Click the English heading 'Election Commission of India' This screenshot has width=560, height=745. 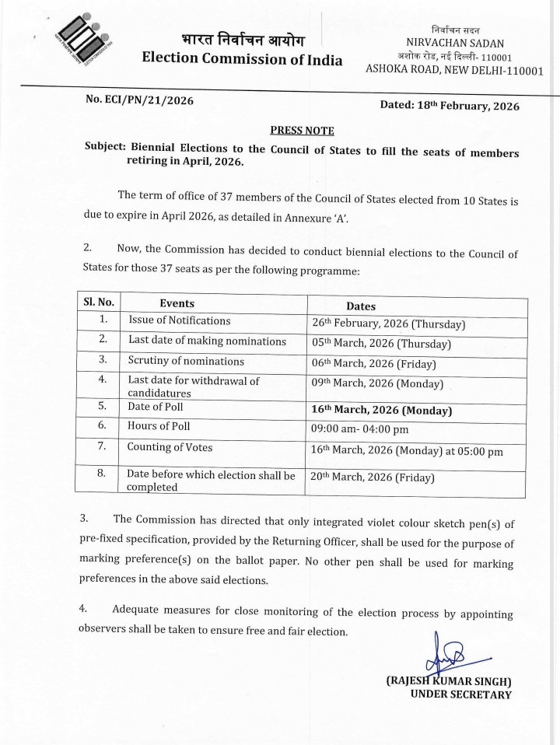pyautogui.click(x=242, y=58)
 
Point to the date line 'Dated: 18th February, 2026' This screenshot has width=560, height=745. pyautogui.click(x=450, y=106)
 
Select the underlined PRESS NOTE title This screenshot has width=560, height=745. pyautogui.click(x=302, y=130)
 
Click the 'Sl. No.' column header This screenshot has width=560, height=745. pyautogui.click(x=99, y=303)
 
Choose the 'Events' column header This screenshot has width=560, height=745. pyautogui.click(x=177, y=303)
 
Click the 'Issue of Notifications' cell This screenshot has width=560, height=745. pyautogui.click(x=180, y=320)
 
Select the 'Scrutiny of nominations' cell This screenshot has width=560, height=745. pyautogui.click(x=186, y=361)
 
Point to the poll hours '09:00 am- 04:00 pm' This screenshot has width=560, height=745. pyautogui.click(x=359, y=428)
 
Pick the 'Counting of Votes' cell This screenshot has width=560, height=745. pyautogui.click(x=170, y=447)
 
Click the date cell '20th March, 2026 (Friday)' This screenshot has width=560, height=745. pyautogui.click(x=372, y=477)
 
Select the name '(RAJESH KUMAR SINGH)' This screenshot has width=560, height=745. pyautogui.click(x=449, y=681)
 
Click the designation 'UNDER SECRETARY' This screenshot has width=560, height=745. pyautogui.click(x=460, y=694)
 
